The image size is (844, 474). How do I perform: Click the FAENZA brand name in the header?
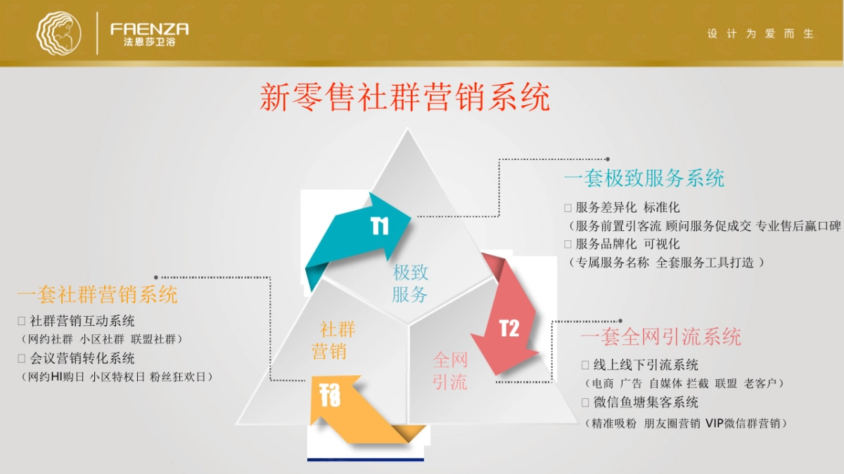(149, 29)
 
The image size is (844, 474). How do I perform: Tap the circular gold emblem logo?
(59, 33)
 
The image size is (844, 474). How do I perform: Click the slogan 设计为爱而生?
(760, 34)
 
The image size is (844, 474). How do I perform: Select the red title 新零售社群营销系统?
(404, 98)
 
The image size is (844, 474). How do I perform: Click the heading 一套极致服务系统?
(644, 178)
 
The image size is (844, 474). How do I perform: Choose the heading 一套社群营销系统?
(98, 294)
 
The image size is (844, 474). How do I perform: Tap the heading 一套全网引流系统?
(661, 336)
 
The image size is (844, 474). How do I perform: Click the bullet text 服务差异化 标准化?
(627, 208)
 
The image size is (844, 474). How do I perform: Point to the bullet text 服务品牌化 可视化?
(627, 244)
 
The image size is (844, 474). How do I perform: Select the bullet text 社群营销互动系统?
(82, 321)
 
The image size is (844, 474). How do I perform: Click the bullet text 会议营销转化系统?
(82, 358)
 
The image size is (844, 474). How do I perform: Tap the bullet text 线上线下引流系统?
(646, 365)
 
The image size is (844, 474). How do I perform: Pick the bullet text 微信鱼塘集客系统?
(646, 402)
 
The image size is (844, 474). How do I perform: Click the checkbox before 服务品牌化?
(568, 244)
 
